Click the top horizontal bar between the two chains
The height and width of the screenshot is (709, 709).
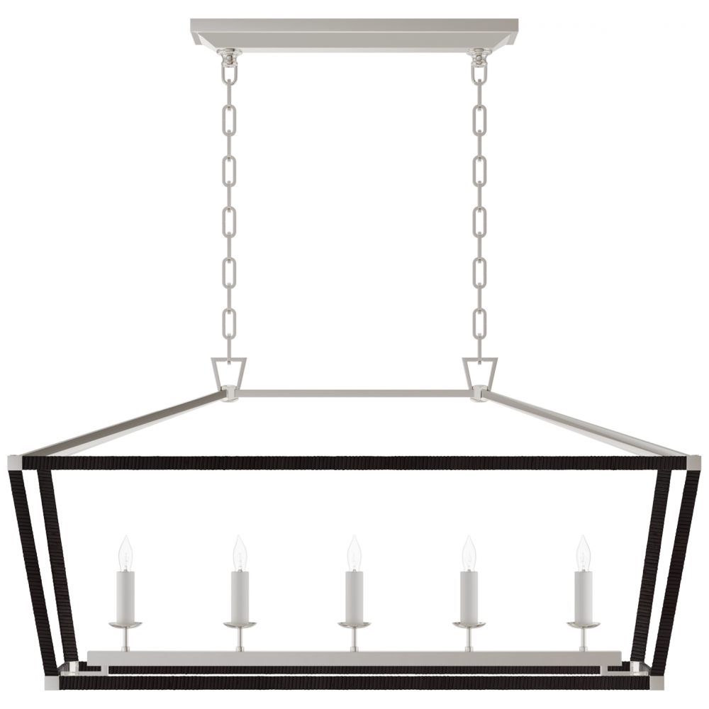(x=354, y=391)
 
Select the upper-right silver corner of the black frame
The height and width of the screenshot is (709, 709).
(x=692, y=461)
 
